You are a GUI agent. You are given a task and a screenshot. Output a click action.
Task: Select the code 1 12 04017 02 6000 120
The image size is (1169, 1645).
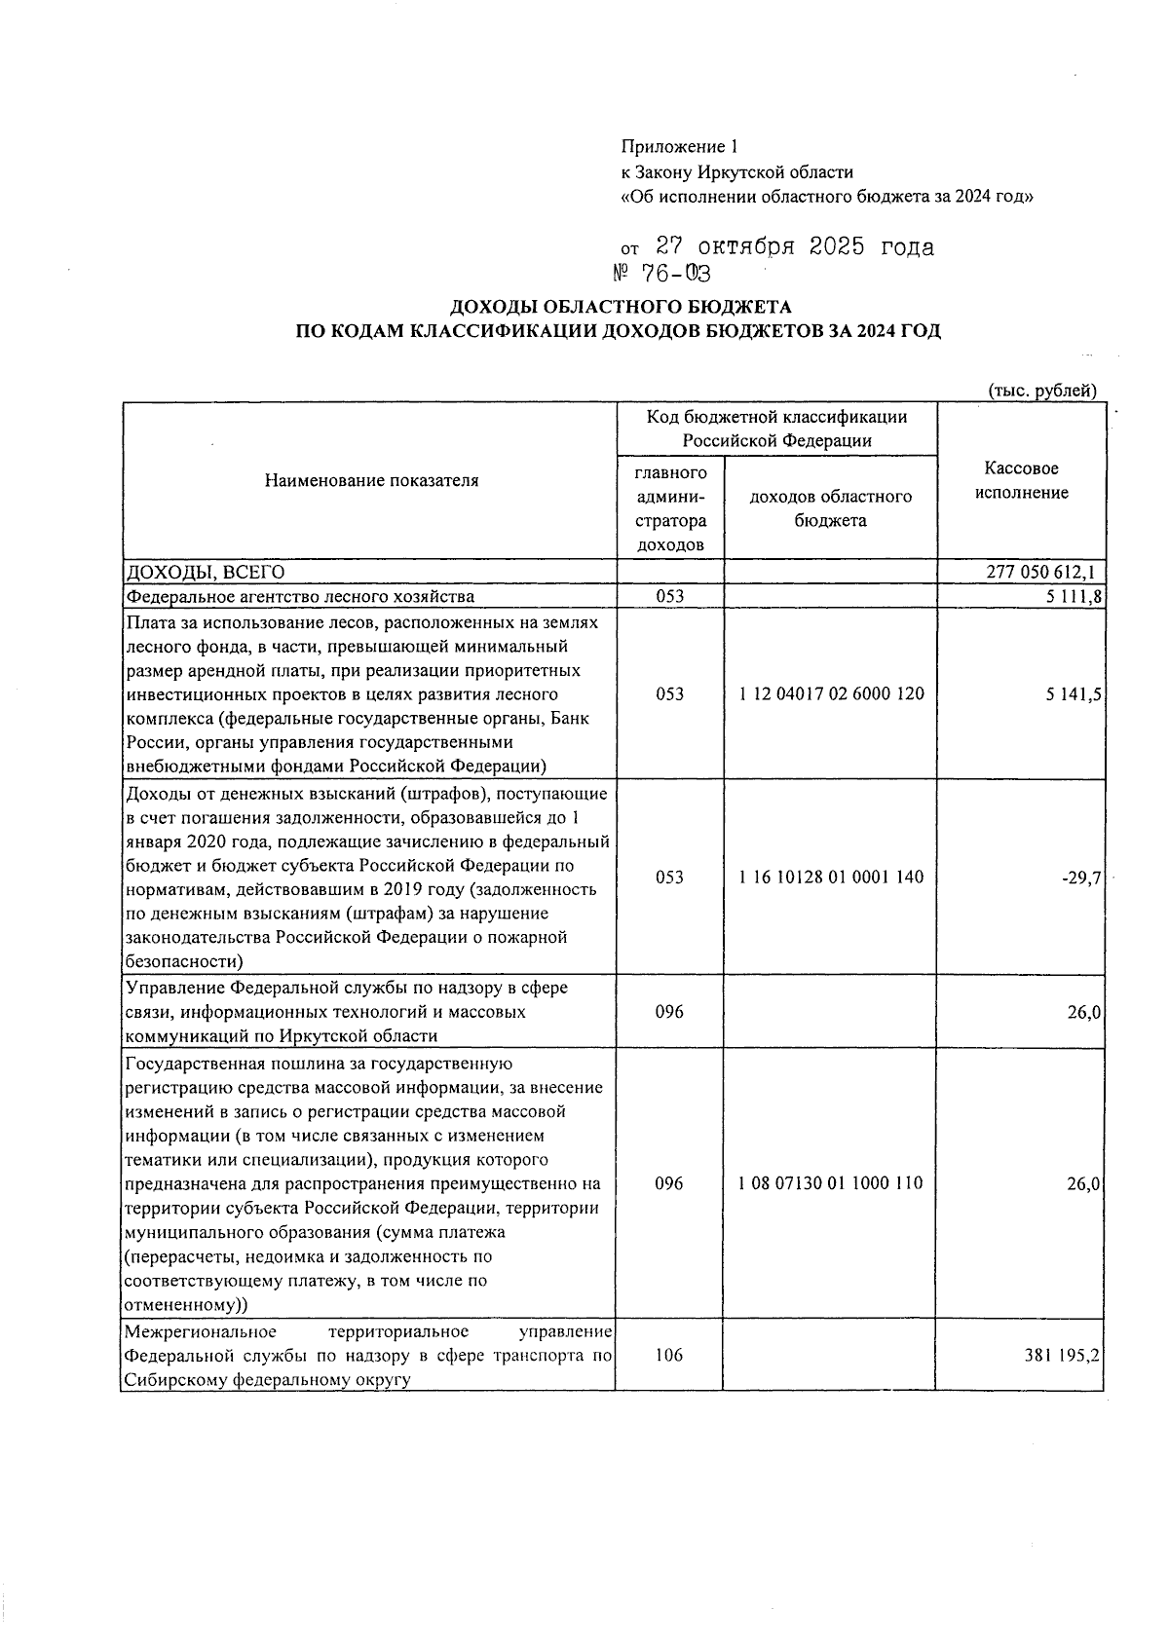click(831, 694)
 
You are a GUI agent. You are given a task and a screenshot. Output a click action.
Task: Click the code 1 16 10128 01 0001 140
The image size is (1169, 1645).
click(831, 878)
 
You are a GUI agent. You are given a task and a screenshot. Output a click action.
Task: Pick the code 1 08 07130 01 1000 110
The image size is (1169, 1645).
click(831, 1184)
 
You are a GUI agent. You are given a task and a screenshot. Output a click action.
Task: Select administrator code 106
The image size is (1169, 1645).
click(669, 1355)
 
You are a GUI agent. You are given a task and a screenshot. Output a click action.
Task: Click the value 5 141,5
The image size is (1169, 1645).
click(1075, 694)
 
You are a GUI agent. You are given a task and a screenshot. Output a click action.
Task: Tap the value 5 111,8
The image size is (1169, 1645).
click(1075, 596)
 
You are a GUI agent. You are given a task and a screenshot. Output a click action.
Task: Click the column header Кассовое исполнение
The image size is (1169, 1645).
click(1022, 481)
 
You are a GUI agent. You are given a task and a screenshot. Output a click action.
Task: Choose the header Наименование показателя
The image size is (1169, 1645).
click(371, 480)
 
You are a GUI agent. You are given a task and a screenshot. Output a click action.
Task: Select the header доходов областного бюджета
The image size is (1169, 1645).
click(831, 508)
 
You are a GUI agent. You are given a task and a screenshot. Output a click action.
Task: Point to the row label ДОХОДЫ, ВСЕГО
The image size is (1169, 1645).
click(203, 572)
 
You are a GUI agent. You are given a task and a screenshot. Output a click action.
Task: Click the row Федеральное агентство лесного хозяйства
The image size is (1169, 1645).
click(300, 596)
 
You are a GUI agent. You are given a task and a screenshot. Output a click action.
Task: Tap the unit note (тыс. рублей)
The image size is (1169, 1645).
click(1042, 392)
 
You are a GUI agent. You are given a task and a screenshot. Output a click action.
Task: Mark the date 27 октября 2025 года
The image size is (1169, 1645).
click(794, 247)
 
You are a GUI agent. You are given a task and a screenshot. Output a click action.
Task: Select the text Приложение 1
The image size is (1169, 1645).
click(680, 147)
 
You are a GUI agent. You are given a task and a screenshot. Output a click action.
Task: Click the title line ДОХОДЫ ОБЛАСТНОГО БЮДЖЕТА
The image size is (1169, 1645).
click(620, 308)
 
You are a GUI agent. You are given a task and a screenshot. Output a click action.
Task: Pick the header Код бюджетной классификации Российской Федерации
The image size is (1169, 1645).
click(776, 429)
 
